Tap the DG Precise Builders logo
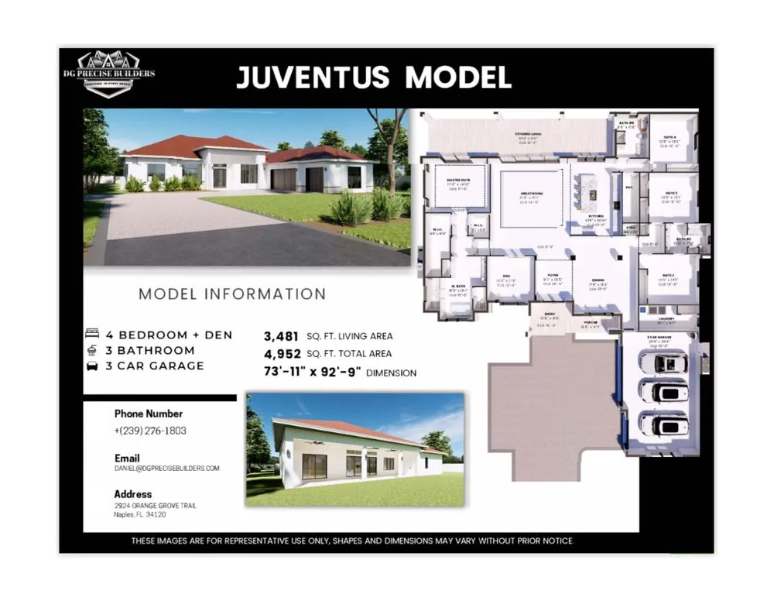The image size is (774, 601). pos(118,74)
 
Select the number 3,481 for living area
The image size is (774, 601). pos(279,336)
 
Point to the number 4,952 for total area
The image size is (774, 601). pos(280,354)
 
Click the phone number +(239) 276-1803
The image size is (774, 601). pos(150,431)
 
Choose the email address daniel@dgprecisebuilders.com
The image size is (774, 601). pos(167,469)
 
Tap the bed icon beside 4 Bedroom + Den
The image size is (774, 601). pos(92,335)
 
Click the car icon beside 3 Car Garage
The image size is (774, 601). pos(92,366)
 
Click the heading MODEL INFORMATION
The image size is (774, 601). pos(232,294)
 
